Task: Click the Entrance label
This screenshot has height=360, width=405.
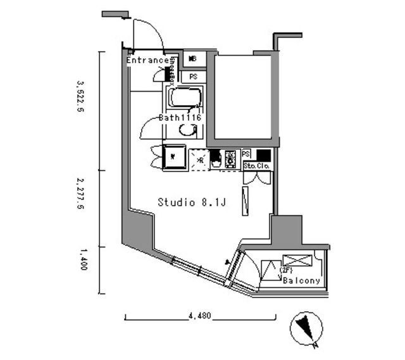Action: pyautogui.click(x=148, y=61)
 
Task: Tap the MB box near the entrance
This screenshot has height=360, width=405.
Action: pyautogui.click(x=193, y=59)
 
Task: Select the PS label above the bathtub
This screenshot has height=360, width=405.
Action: pyautogui.click(x=193, y=77)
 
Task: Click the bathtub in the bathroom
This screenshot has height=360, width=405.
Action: pyautogui.click(x=185, y=98)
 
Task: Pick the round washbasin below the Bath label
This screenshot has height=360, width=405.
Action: pyautogui.click(x=187, y=130)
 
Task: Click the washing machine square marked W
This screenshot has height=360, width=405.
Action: pyautogui.click(x=173, y=156)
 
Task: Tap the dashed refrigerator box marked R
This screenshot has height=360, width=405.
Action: pyautogui.click(x=199, y=158)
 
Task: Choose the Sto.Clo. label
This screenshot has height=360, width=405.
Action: pyautogui.click(x=257, y=166)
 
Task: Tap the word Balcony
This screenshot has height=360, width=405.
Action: pyautogui.click(x=301, y=280)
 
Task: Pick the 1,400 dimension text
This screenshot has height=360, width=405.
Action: pyautogui.click(x=81, y=259)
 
